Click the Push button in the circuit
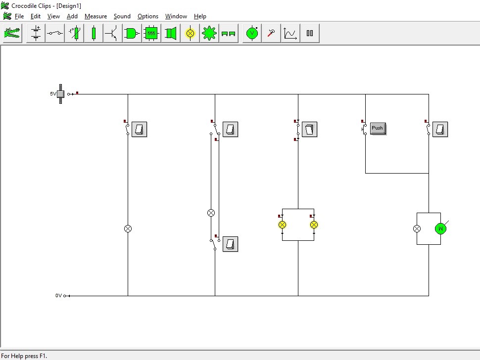378,129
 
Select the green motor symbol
440,228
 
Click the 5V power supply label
53,93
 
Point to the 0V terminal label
58,295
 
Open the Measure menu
96,16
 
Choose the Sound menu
122,16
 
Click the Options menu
148,16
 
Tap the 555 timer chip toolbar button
151,33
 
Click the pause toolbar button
310,33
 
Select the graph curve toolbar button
290,33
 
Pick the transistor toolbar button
113,33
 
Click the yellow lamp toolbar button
190,33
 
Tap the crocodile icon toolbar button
12,33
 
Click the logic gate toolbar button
132,33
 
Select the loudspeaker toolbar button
171,33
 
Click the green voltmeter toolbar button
252,33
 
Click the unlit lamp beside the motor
417,228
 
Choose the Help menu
200,16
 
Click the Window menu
176,16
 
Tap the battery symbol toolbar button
36,33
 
